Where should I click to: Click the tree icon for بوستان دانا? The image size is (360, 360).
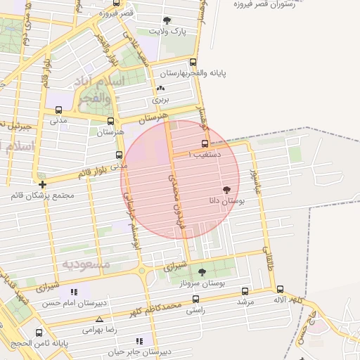[x=226, y=190]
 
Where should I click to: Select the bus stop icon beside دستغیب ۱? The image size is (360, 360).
[x=205, y=143]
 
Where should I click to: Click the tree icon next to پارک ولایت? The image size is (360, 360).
[x=167, y=21]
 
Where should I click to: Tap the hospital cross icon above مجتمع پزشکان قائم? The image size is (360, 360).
[x=43, y=184]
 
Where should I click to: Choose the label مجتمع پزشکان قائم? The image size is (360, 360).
[x=42, y=195]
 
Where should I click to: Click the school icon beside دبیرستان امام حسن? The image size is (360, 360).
[x=74, y=292]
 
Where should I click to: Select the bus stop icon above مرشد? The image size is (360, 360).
[x=245, y=291]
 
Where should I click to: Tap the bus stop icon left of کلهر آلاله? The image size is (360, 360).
[x=280, y=289]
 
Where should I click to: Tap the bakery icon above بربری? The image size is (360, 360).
[x=161, y=89]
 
